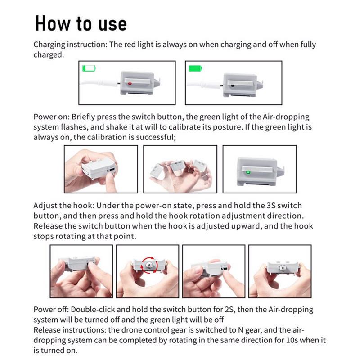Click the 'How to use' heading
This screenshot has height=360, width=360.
click(81, 23)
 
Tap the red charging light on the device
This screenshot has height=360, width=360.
click(130, 84)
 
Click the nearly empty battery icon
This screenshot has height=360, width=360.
click(89, 68)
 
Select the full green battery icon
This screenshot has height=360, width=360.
click(195, 68)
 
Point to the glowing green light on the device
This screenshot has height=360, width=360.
click(248, 172)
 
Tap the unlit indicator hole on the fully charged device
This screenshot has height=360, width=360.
click(233, 86)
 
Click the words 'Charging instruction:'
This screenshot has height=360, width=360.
click(71, 45)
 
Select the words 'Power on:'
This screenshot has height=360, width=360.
click(51, 117)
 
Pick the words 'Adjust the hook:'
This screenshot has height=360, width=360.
click(64, 206)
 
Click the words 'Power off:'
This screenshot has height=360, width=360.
click(51, 310)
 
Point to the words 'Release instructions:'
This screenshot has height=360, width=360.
click(70, 330)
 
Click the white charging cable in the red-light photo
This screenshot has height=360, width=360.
click(99, 83)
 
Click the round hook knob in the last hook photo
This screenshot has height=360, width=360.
click(282, 268)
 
